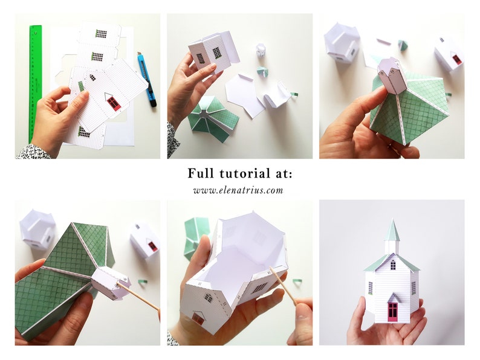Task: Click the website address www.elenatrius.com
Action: click(238, 190)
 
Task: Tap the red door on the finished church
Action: click(392, 309)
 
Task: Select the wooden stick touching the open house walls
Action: click(284, 287)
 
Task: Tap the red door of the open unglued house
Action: click(198, 318)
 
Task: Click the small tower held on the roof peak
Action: click(392, 76)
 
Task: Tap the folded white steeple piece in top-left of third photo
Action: click(341, 42)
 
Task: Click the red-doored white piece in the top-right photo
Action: click(449, 54)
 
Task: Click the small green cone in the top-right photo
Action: click(403, 45)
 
